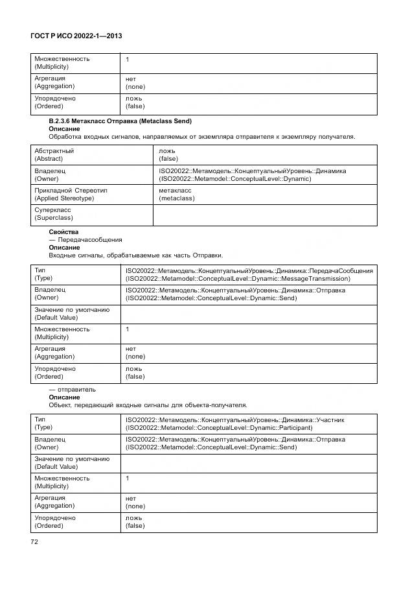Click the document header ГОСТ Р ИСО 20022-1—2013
coord(76,36)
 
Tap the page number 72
coord(35,541)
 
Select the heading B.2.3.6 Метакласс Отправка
coord(120,121)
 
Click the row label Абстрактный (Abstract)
coord(54,154)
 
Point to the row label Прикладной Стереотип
coord(71,194)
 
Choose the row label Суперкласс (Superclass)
coord(53,214)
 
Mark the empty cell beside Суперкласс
coord(264,214)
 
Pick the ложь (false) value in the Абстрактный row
coord(168,154)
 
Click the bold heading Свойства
coord(63,231)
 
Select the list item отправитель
coord(73,389)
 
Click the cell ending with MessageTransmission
coord(249,274)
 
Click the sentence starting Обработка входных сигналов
coord(201,137)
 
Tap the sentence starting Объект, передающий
coord(148,405)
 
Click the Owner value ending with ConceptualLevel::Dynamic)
coord(252,174)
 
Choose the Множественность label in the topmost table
coord(62,63)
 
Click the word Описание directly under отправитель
coord(64,397)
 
